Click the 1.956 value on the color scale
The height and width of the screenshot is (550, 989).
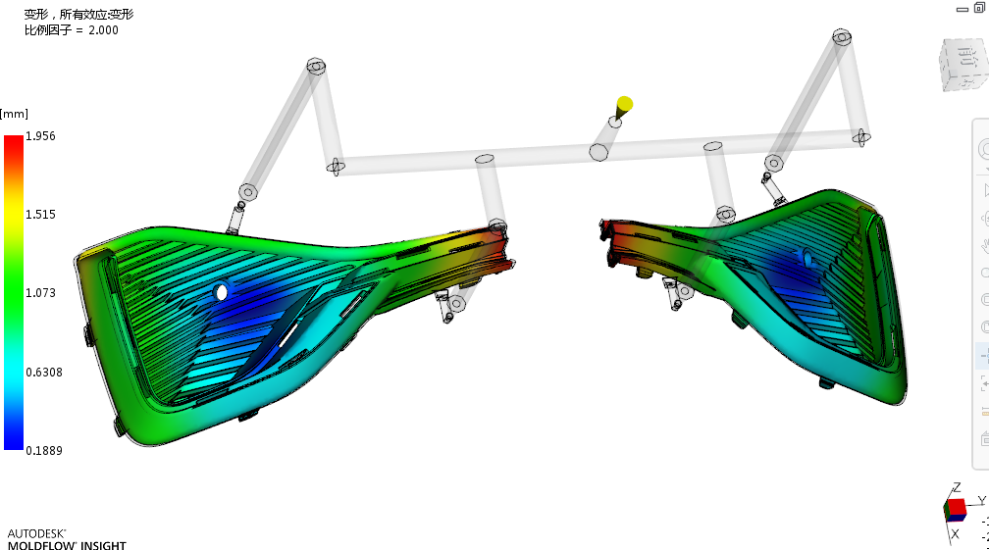click(40, 136)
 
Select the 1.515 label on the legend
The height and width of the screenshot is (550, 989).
click(40, 214)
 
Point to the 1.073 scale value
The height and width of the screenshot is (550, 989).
click(40, 293)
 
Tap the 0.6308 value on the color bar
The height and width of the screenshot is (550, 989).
click(44, 373)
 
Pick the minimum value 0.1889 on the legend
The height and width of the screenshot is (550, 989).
click(44, 450)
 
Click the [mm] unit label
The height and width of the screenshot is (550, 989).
click(14, 114)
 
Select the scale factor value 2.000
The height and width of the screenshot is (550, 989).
click(103, 30)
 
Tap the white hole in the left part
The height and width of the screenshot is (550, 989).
click(221, 292)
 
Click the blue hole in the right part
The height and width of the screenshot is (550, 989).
click(807, 257)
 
